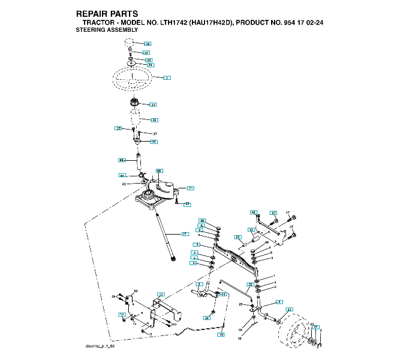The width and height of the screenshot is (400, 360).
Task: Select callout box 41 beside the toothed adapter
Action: (153, 105)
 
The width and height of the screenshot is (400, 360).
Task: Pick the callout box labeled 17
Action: (185, 233)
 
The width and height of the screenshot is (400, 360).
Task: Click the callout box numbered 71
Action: (190, 188)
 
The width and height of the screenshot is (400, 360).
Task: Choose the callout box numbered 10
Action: (221, 333)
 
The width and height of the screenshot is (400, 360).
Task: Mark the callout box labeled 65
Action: (237, 237)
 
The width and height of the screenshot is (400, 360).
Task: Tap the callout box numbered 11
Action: (222, 295)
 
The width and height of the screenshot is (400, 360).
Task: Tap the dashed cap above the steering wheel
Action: (130, 43)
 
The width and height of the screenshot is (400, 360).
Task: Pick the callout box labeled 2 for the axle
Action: (197, 245)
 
